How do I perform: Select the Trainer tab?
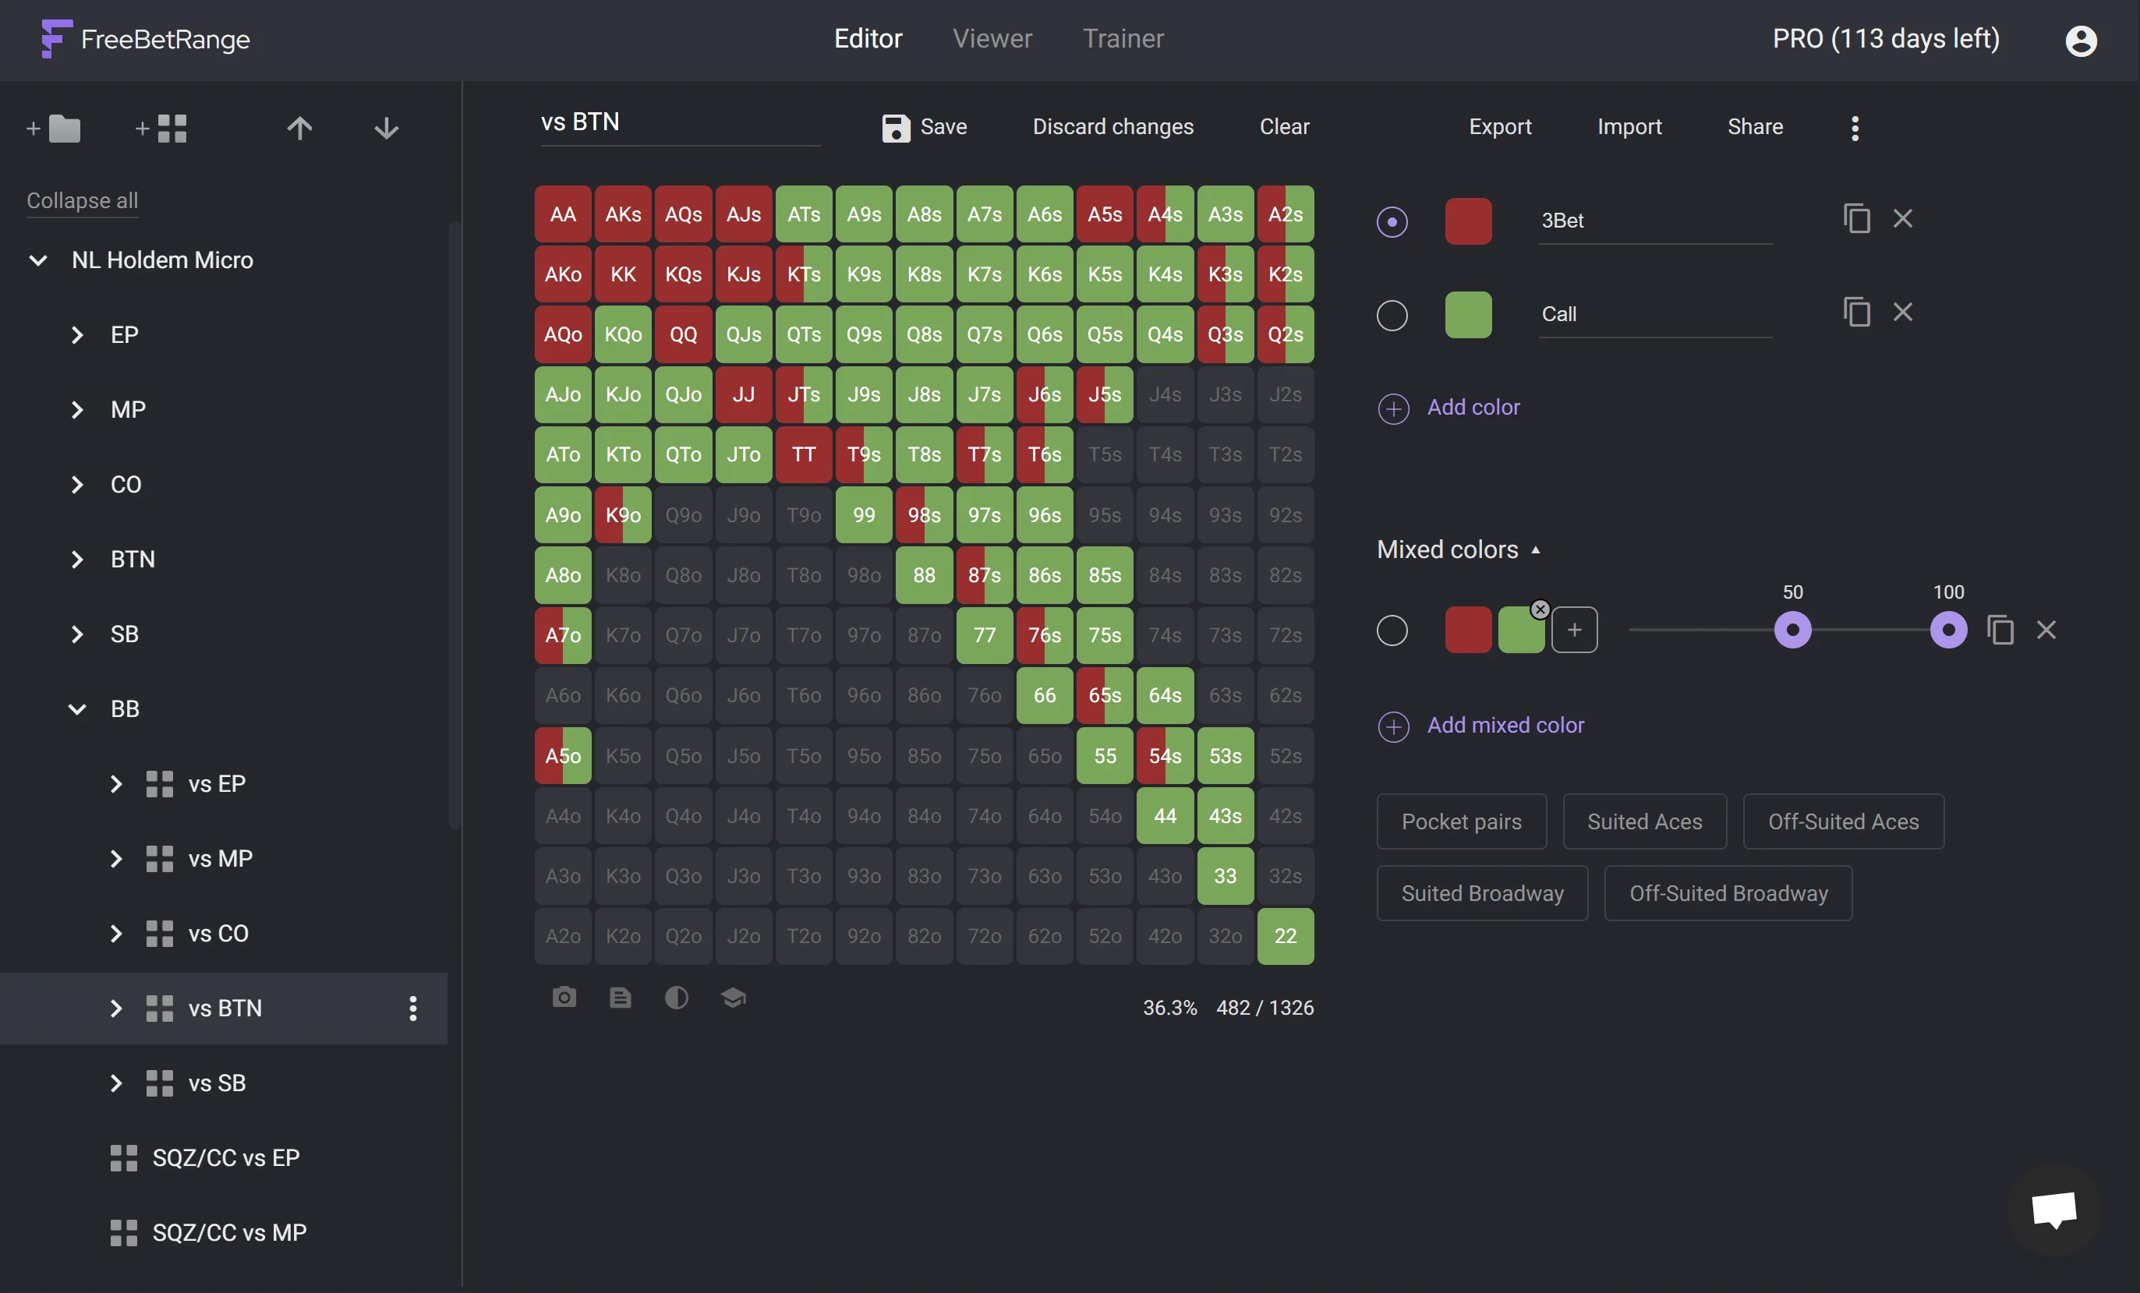click(x=1122, y=39)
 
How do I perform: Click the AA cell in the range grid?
click(x=563, y=214)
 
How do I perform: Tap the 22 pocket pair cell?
click(x=1285, y=936)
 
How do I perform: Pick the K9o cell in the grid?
click(x=623, y=515)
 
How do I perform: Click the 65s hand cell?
click(x=1104, y=695)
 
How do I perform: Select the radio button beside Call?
click(x=1392, y=314)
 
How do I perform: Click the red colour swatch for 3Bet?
click(x=1468, y=221)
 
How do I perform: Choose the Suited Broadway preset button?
click(x=1482, y=893)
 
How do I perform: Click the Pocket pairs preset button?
click(x=1461, y=821)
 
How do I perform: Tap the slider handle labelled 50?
click(x=1792, y=631)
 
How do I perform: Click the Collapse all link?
click(x=82, y=200)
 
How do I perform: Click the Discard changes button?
click(x=1112, y=128)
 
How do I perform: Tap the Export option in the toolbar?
click(x=1499, y=128)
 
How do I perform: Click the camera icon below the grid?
click(x=564, y=998)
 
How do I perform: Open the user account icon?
click(x=2080, y=40)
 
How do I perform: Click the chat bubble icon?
click(x=2053, y=1209)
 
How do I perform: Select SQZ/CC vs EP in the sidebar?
click(x=225, y=1157)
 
